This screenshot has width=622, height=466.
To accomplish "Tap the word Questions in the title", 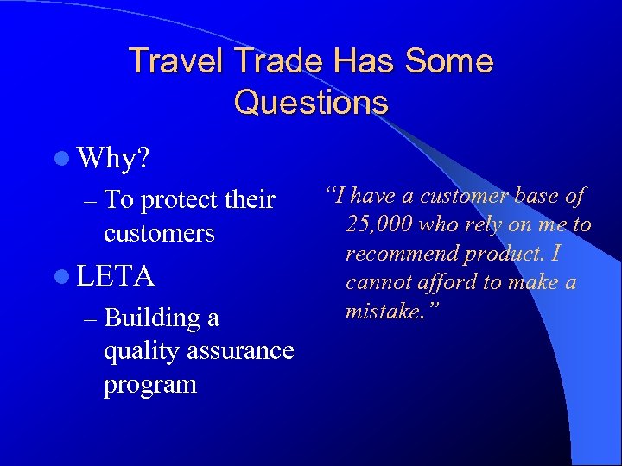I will [311, 103].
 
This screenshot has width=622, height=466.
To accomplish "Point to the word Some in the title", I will [449, 62].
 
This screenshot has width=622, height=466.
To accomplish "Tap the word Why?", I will [113, 158].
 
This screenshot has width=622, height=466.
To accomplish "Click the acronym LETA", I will [116, 276].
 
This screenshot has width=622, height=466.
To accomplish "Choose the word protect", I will [179, 201].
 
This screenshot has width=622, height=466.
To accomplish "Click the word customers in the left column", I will [159, 233].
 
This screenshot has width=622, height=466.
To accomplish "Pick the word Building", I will [152, 318].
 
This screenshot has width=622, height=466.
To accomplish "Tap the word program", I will [150, 384].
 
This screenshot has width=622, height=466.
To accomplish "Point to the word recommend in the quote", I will [399, 255].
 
